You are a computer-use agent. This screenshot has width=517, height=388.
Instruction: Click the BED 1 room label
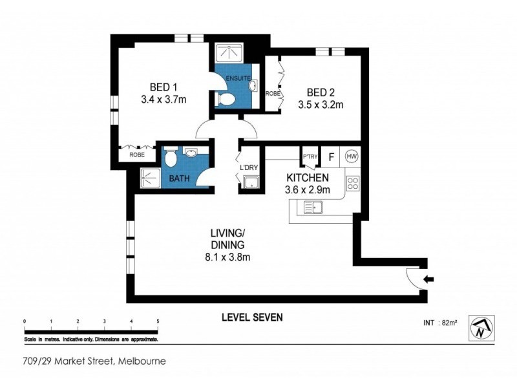click(164, 87)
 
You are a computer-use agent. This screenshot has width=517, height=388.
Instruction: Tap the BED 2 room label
click(321, 91)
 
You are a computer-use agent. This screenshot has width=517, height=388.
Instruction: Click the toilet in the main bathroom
click(169, 158)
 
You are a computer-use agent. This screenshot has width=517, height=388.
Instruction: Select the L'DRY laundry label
click(249, 168)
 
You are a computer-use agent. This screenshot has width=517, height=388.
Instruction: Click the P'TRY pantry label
click(309, 156)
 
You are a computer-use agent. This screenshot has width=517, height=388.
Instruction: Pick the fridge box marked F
click(332, 156)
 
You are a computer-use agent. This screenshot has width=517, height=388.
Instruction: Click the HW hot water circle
click(352, 156)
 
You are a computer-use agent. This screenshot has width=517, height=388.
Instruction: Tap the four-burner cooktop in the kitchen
click(353, 183)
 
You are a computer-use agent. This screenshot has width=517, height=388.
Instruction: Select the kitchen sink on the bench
click(313, 208)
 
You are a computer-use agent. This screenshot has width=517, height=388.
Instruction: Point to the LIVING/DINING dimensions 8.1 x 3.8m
click(226, 257)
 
